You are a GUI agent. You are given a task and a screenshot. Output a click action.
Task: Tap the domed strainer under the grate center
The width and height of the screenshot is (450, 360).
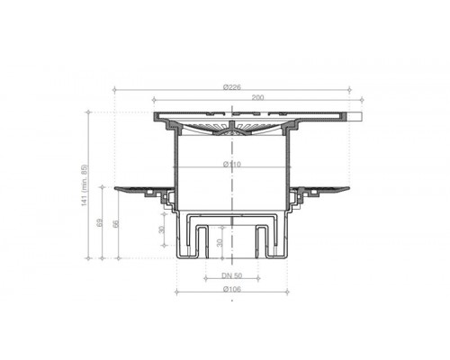pos(232,132)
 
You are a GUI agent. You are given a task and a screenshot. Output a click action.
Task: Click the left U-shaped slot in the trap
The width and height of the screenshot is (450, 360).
pos(202,239)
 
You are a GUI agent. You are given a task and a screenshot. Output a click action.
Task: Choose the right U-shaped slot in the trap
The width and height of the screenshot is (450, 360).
pos(262,239)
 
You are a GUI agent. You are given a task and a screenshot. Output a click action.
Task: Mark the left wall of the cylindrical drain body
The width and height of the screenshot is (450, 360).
pos(174,171)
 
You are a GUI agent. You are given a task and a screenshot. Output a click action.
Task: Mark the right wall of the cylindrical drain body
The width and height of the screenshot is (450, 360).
pos(290,171)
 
